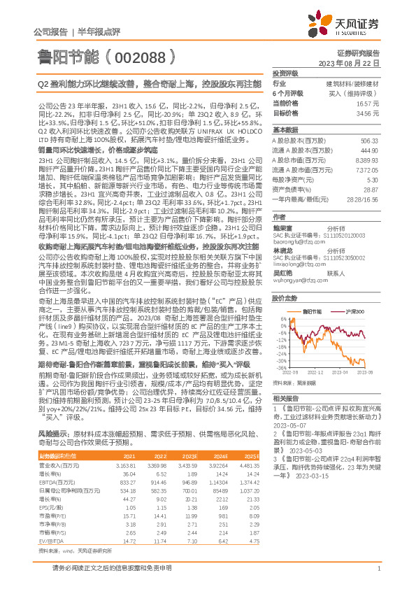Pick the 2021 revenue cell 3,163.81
[126, 426]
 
